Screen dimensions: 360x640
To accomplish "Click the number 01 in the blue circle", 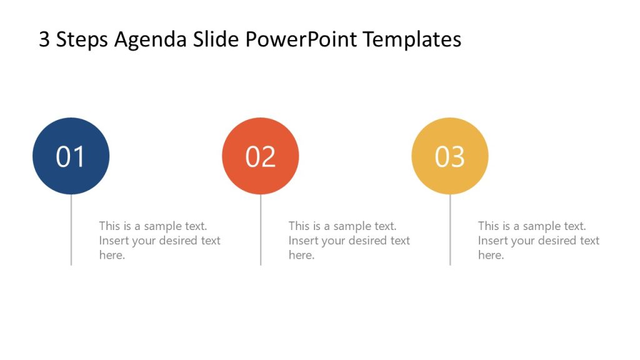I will coord(71,157).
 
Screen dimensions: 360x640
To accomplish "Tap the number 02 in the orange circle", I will coord(260,157).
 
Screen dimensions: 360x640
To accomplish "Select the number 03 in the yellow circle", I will coord(450,157).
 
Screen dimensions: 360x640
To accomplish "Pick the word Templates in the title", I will coord(412,39).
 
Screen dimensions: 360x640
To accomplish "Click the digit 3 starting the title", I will coord(44,39).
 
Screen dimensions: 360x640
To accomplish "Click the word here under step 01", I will coord(112,255).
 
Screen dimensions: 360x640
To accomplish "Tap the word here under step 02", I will coord(301,255).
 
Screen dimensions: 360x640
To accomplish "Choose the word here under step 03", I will coord(491,255).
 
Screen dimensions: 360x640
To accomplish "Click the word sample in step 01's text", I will coord(162,226).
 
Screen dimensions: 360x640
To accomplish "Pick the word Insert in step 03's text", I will coord(491,241).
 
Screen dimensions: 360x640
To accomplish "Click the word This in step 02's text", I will coord(299,226).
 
